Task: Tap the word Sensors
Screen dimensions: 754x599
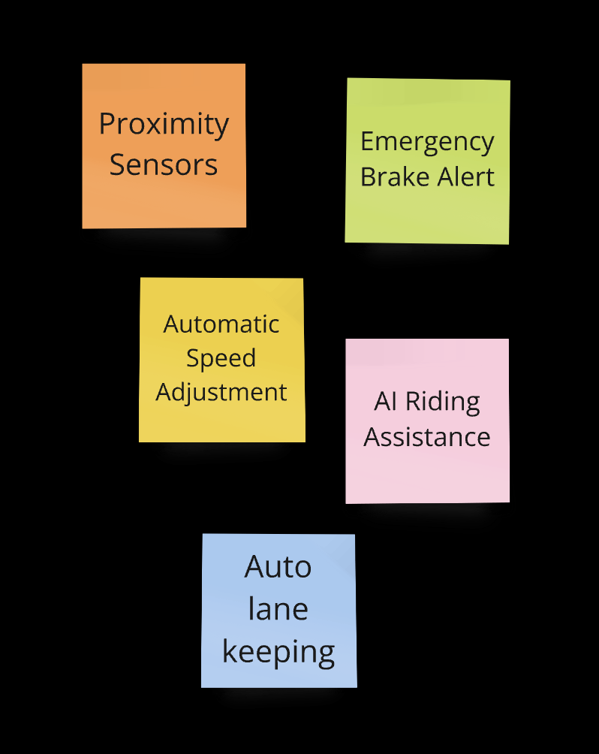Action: click(x=164, y=164)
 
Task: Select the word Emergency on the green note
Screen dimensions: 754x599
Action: click(x=427, y=142)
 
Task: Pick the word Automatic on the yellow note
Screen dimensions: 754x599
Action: click(x=221, y=324)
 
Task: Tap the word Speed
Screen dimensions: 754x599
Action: click(x=221, y=359)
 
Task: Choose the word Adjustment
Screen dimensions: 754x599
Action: click(x=221, y=393)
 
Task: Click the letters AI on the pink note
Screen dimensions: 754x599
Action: click(x=385, y=401)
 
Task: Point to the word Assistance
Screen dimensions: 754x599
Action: click(x=427, y=436)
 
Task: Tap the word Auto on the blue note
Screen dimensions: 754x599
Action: click(x=278, y=567)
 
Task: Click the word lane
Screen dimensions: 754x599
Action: click(x=278, y=609)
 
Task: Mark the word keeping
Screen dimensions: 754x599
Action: click(x=278, y=653)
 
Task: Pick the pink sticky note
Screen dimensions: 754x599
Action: click(x=427, y=473)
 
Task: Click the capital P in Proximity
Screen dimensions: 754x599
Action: click(x=107, y=124)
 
